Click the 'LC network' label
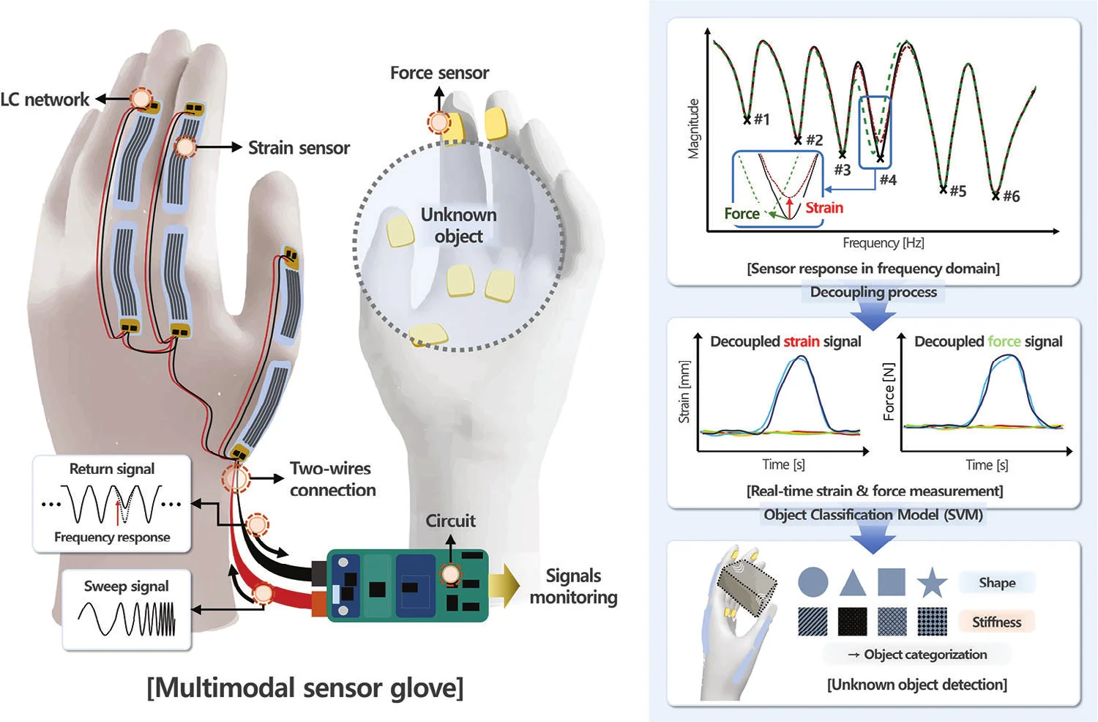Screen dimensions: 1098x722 pyautogui.click(x=45, y=100)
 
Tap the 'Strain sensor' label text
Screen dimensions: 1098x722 pyautogui.click(x=299, y=148)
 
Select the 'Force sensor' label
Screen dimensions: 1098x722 pyautogui.click(x=440, y=73)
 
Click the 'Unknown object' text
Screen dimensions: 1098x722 pyautogui.click(x=459, y=226)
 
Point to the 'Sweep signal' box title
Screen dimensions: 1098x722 pyautogui.click(x=126, y=586)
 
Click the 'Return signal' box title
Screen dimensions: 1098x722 pyautogui.click(x=112, y=469)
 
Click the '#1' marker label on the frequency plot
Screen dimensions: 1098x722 pyautogui.click(x=762, y=119)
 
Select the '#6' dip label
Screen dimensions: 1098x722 pyautogui.click(x=1011, y=196)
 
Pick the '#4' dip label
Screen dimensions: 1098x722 pyautogui.click(x=888, y=180)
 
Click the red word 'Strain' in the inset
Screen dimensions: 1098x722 pyautogui.click(x=824, y=208)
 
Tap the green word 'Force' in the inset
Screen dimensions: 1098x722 pyautogui.click(x=742, y=214)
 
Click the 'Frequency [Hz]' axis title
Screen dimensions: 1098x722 pyautogui.click(x=884, y=243)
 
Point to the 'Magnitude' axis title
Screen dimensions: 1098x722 pyautogui.click(x=693, y=129)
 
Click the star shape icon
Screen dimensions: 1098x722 pyautogui.click(x=932, y=582)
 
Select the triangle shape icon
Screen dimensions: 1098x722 pyautogui.click(x=853, y=584)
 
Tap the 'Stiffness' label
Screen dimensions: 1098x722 pyautogui.click(x=996, y=622)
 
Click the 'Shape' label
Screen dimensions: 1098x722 pyautogui.click(x=997, y=583)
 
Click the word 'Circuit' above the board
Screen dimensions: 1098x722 pyautogui.click(x=450, y=521)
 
